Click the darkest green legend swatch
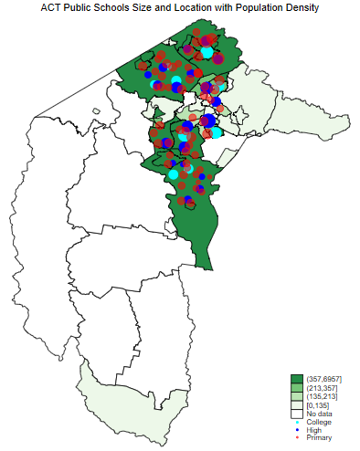(296, 379)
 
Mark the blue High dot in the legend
(296, 430)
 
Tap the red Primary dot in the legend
(296, 438)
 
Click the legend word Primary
(319, 438)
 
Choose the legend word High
(314, 430)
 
